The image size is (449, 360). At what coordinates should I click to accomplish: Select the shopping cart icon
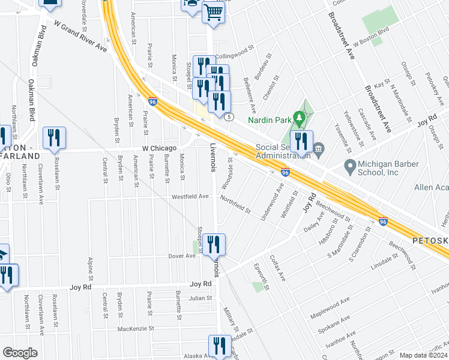point(213,12)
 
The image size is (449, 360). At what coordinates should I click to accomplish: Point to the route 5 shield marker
point(229,118)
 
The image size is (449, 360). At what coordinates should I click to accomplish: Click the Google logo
point(20,352)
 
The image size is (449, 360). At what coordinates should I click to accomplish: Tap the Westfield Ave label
point(190,196)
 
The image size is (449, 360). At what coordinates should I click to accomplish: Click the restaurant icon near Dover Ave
point(214,245)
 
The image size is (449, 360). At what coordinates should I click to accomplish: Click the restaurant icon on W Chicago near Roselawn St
point(54,138)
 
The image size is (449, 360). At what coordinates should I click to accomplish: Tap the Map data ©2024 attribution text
point(423,355)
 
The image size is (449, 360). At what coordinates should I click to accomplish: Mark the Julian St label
point(200,298)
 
